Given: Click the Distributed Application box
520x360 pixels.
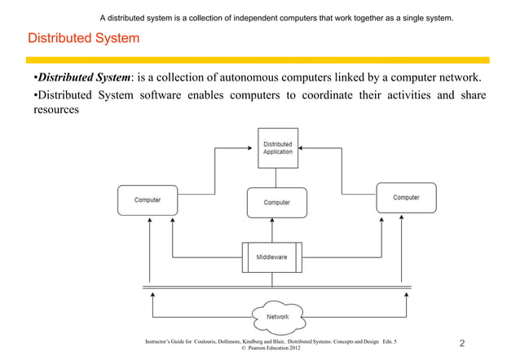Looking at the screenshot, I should [x=278, y=147].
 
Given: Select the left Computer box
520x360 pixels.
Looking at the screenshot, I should [x=148, y=200].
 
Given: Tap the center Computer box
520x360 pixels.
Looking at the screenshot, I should [x=277, y=203].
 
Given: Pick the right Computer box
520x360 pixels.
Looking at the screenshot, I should [x=406, y=198].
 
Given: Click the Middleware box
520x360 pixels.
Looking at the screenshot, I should [x=272, y=257].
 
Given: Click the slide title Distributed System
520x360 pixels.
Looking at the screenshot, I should [x=83, y=38].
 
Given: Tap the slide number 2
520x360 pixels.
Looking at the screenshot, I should [x=463, y=344].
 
